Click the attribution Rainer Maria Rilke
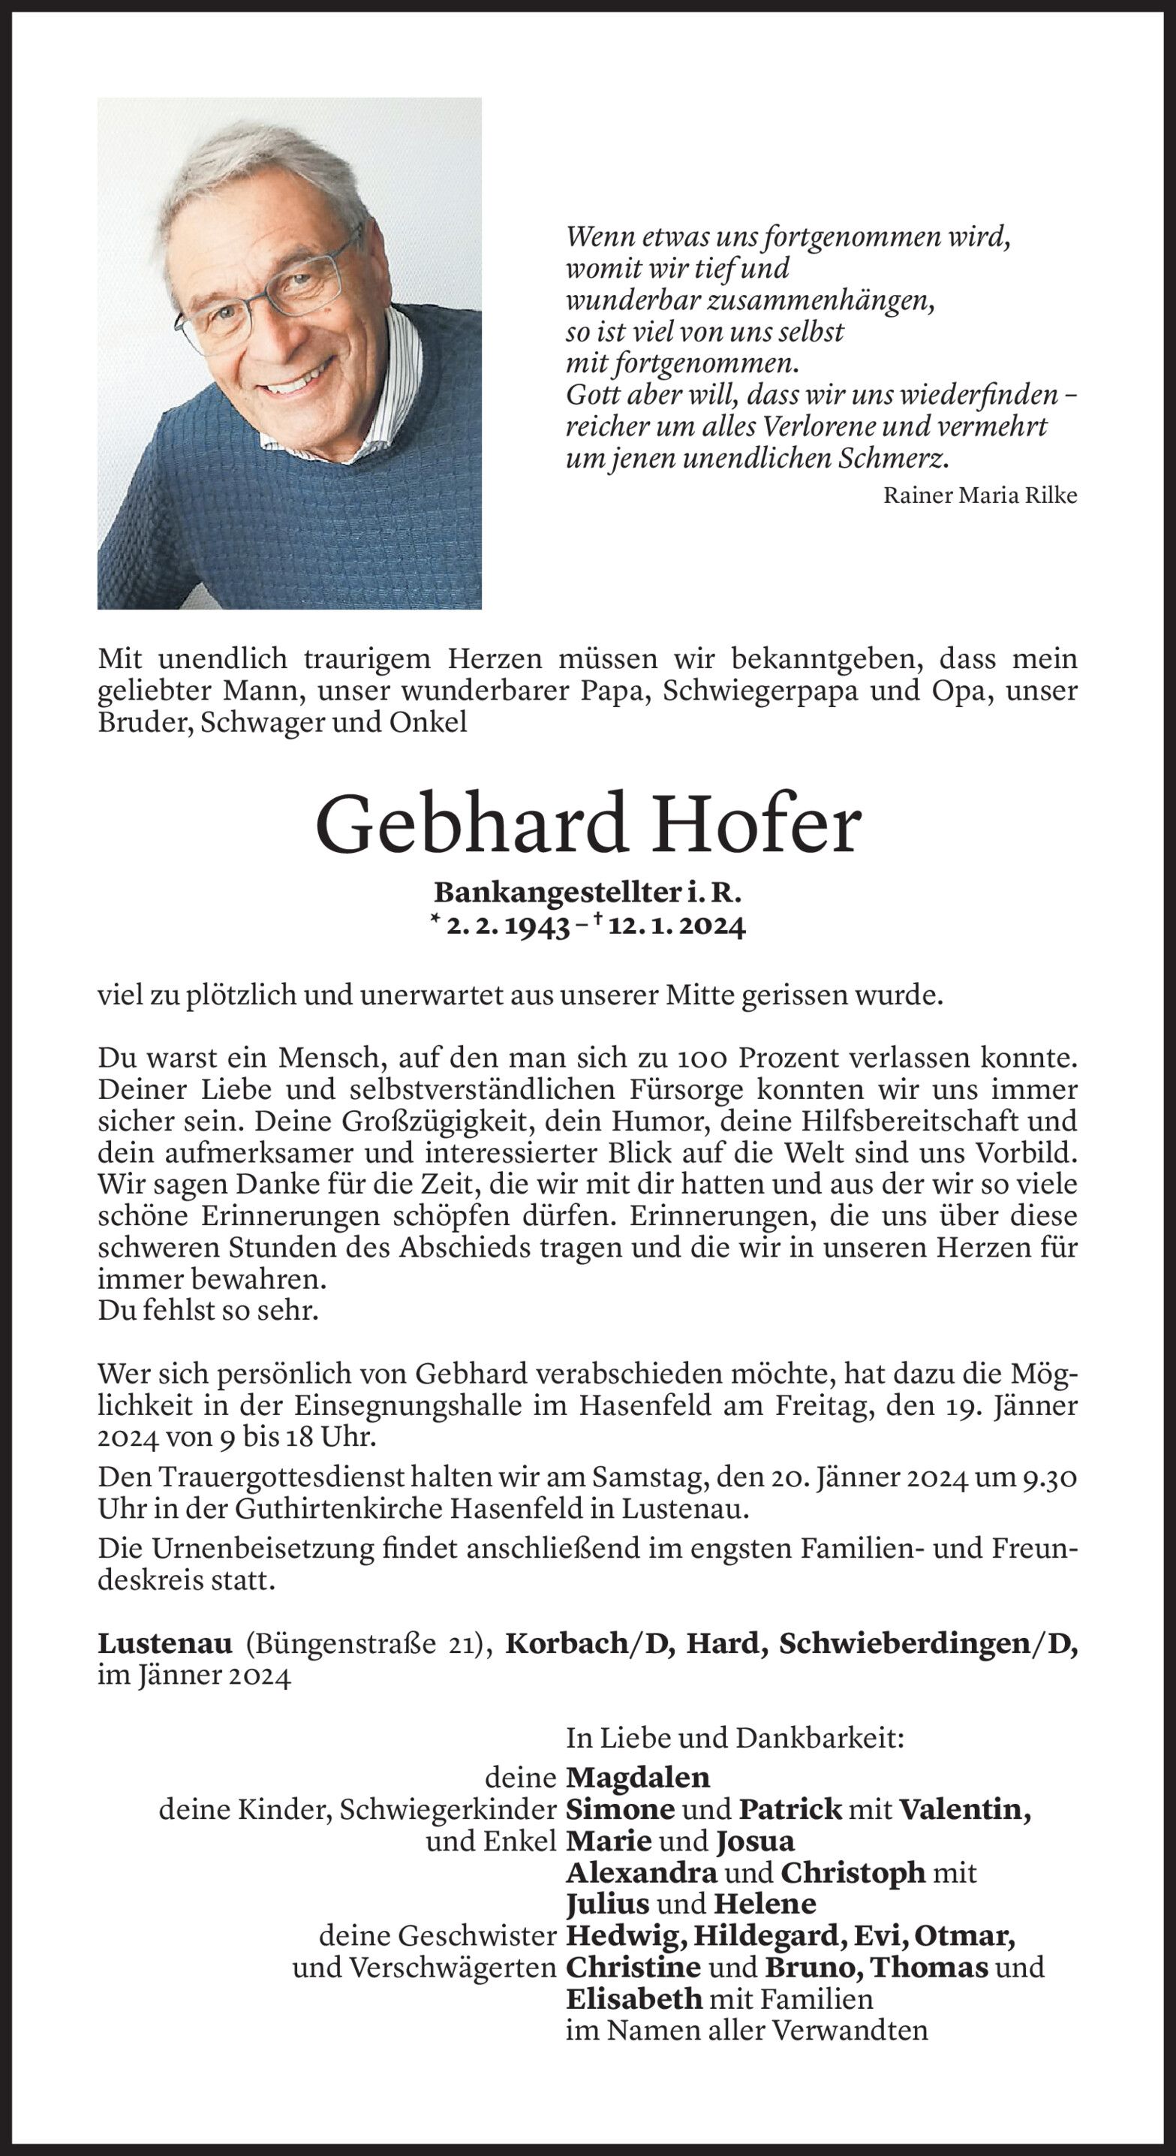click(980, 495)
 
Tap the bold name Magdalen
click(638, 1777)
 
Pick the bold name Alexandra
click(641, 1873)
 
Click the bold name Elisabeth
click(633, 2000)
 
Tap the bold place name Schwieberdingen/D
click(928, 1645)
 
